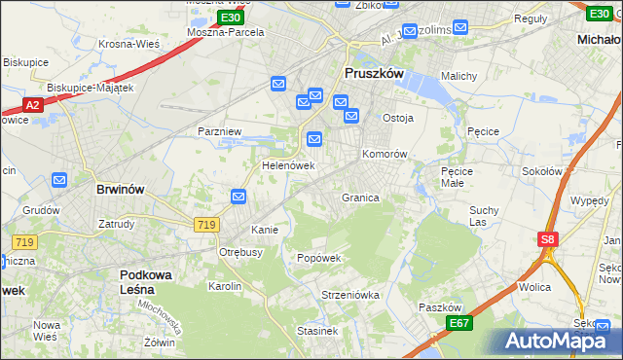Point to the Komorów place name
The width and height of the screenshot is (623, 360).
coord(384,155)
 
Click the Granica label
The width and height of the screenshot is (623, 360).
coord(359,198)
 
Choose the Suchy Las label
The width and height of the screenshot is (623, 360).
coord(484,216)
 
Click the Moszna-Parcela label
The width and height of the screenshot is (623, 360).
coord(226,32)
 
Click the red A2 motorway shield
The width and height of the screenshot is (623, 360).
coord(32,104)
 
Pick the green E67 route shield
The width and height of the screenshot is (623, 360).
coord(459,323)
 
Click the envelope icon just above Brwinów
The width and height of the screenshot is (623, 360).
coord(59,179)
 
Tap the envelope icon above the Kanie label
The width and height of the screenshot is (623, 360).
coord(239,198)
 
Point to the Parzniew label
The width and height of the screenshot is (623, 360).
coord(219,131)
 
